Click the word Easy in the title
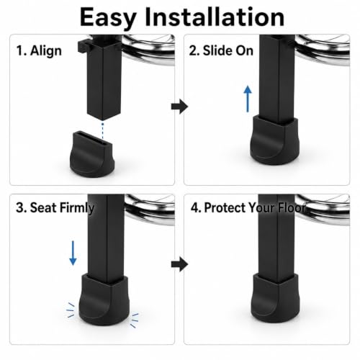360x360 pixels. pos(108,18)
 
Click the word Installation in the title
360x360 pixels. pos(215,17)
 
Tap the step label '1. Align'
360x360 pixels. pos(39,51)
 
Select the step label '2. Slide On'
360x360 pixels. pos(221,50)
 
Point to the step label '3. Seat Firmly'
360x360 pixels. pos(55,208)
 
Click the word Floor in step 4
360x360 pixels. pos(292,207)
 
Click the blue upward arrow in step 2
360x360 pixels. pos(248,99)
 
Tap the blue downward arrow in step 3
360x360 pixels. pos(73,253)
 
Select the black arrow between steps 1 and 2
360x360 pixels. pos(179,106)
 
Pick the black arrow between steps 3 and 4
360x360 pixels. pos(179,264)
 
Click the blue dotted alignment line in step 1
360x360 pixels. pos(103,131)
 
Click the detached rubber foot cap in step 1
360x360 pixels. pos(92,154)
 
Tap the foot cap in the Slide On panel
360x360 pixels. pos(274,140)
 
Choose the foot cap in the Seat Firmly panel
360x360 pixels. pos(104,300)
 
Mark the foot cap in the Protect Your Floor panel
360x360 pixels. pos(275,298)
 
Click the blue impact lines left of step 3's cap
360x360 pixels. pos(71,310)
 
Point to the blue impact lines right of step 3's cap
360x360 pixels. pos(135,320)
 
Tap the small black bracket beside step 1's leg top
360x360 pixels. pos(83,46)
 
